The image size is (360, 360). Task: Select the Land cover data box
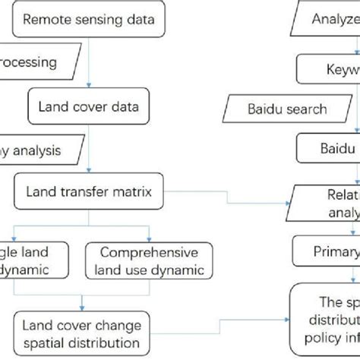click(x=89, y=106)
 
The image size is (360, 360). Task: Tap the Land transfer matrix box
click(x=89, y=193)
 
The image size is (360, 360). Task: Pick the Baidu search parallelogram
click(x=288, y=108)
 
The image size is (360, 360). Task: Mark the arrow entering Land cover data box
click(x=89, y=86)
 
